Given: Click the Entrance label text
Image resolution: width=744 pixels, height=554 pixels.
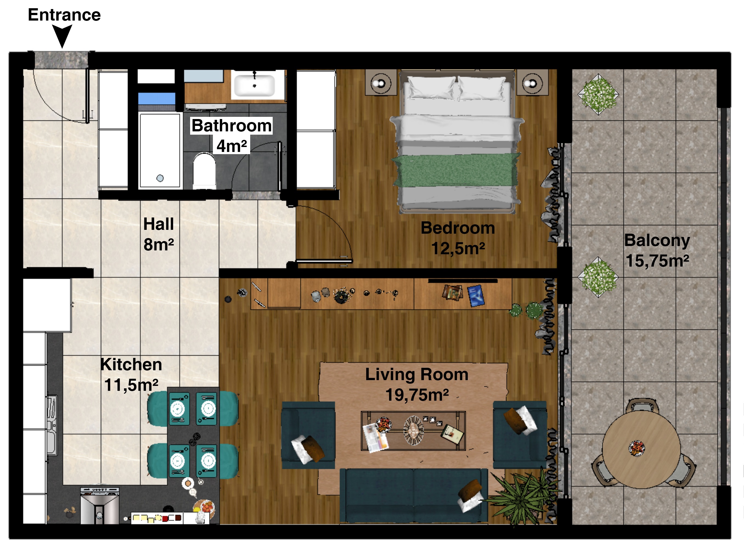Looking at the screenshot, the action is point(64,15).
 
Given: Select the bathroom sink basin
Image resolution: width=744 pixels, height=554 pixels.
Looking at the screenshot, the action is point(254,86).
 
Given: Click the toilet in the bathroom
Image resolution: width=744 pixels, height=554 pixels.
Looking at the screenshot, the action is point(204,171).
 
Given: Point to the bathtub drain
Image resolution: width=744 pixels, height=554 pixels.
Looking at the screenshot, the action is point(160,178).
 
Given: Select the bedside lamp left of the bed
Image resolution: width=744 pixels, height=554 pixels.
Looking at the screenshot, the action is point(381,83).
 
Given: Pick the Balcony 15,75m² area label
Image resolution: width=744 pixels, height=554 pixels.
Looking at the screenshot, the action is point(657,250).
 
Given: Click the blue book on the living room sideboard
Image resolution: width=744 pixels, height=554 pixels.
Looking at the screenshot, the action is point(476,295).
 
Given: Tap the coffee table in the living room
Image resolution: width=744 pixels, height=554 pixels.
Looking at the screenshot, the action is point(413,431).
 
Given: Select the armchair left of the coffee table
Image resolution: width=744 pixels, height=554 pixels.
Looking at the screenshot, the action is point(308,435).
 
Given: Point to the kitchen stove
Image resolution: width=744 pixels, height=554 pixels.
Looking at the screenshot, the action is point(100,505).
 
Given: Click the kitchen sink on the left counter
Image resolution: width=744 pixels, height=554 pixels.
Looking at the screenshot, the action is point(52,425).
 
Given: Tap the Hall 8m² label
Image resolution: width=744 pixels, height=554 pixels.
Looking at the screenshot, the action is point(159,234).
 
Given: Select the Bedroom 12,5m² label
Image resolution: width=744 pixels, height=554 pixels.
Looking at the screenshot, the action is point(458,238).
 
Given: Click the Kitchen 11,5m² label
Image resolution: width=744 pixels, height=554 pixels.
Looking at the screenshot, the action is point(131,374).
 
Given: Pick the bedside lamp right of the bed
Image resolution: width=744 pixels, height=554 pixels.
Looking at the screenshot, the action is point(532,83).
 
